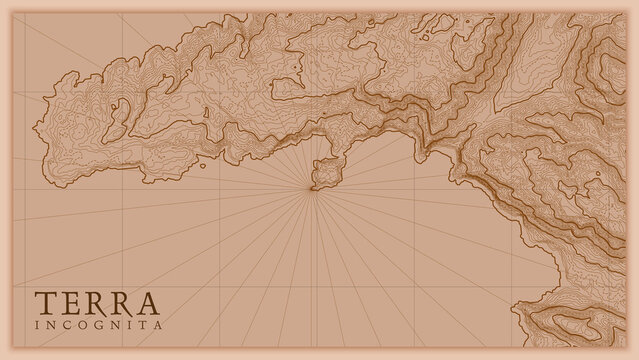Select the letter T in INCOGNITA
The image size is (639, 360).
click(x=144, y=326)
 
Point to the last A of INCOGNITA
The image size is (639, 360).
click(x=159, y=326)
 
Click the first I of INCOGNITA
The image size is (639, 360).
click(x=38, y=326)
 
